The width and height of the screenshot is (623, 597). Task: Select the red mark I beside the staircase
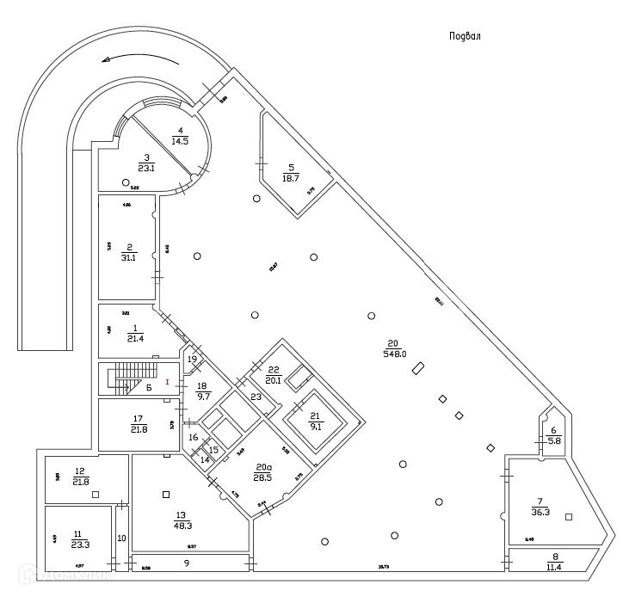coord(167,381)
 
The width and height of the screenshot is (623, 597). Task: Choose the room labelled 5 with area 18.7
coord(291,173)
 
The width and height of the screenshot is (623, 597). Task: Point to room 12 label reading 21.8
coord(79,476)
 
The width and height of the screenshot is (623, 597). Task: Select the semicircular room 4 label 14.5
coord(180,135)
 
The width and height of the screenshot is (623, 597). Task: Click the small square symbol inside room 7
coord(569,516)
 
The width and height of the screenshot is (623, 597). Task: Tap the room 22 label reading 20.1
coord(274,375)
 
